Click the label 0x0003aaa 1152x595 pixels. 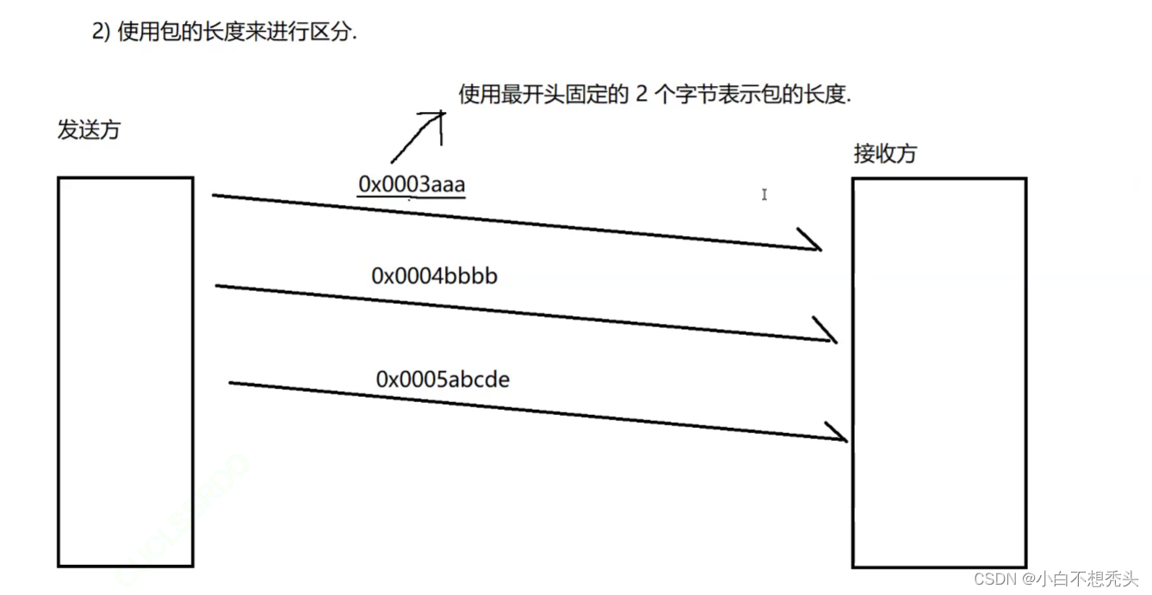click(x=412, y=183)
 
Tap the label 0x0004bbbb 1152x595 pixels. click(x=434, y=276)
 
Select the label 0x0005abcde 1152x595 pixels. click(x=443, y=379)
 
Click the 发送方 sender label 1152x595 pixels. click(x=89, y=130)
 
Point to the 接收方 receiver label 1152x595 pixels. click(x=885, y=154)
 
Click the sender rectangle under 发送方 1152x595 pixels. click(x=126, y=371)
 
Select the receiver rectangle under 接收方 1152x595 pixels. click(x=939, y=372)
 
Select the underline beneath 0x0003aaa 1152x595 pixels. click(x=412, y=198)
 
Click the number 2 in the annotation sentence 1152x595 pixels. click(x=641, y=95)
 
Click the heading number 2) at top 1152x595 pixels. click(x=100, y=32)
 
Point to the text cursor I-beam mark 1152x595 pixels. click(x=764, y=195)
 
